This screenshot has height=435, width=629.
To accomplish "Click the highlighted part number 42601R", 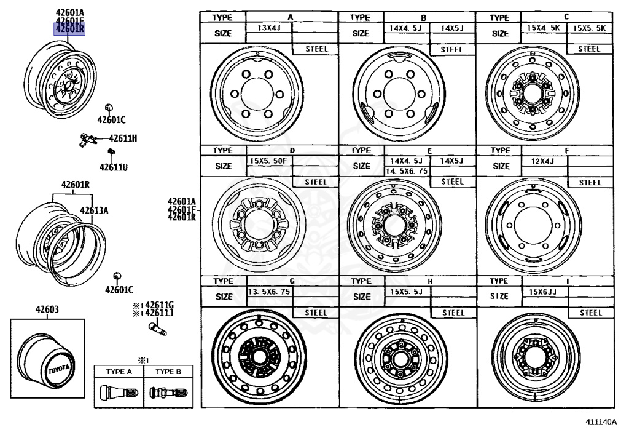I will point(69,29).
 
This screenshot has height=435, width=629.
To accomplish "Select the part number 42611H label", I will point(123,138).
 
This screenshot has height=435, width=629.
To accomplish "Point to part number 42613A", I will point(93,210).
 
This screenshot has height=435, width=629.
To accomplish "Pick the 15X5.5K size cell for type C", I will point(589,28).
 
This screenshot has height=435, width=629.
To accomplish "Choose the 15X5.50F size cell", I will point(268,161).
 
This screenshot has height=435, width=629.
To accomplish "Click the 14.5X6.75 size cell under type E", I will point(405,171).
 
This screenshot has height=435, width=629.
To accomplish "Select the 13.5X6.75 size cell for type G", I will point(268,292).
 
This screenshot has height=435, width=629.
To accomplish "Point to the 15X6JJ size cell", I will point(542,292).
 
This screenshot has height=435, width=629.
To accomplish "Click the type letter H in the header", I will point(430,281).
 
